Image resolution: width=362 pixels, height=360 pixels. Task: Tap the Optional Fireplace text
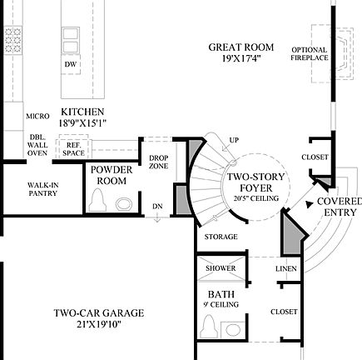point(309,53)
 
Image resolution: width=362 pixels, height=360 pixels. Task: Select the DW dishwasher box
point(72,64)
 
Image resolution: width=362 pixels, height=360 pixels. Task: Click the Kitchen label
point(82,117)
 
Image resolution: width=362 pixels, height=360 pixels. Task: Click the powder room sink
point(124,202)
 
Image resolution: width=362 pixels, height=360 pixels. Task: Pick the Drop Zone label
point(158,161)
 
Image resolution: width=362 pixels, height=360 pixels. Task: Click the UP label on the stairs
point(234,140)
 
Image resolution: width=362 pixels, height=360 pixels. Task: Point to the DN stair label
point(157,207)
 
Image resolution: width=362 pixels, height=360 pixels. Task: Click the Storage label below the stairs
point(221,237)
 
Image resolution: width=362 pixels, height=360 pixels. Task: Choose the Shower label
point(221,268)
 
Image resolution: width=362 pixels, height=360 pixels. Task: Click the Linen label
point(285,268)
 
